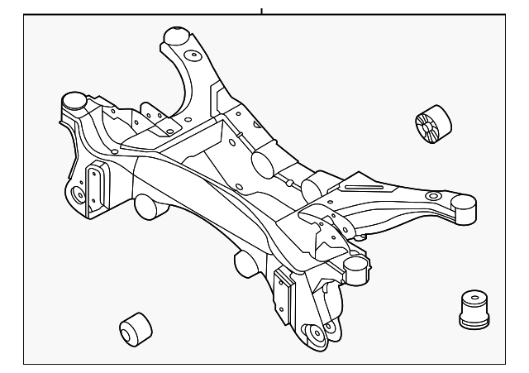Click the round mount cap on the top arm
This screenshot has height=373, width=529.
pos(175,36)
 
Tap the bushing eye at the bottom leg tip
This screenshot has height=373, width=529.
pos(316,334)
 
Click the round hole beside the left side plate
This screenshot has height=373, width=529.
pos(79,196)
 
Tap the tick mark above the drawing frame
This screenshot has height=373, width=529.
pos(261,11)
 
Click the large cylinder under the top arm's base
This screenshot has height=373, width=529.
pos(264,160)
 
